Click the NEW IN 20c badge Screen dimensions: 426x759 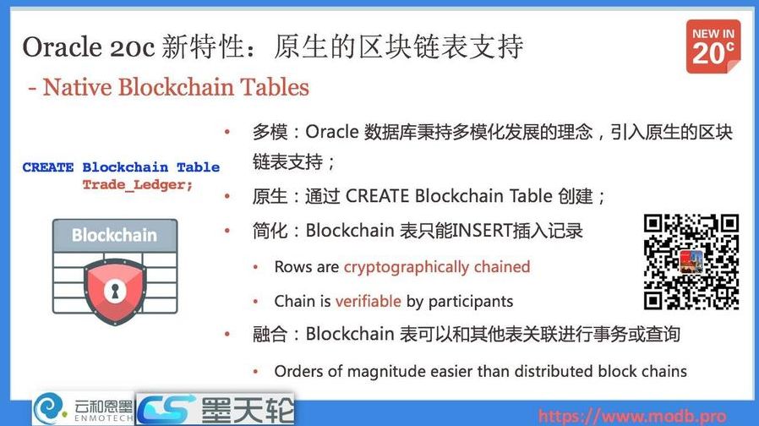(x=713, y=46)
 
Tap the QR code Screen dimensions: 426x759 (x=691, y=261)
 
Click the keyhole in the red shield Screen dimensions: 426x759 (x=115, y=291)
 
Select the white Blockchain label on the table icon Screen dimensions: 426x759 (x=114, y=235)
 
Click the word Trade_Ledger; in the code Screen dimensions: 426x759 (x=137, y=184)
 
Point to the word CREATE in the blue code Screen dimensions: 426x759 (x=48, y=167)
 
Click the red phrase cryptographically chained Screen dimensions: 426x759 (x=436, y=267)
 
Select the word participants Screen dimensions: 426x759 (x=471, y=301)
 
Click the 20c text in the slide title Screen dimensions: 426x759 (x=133, y=47)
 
